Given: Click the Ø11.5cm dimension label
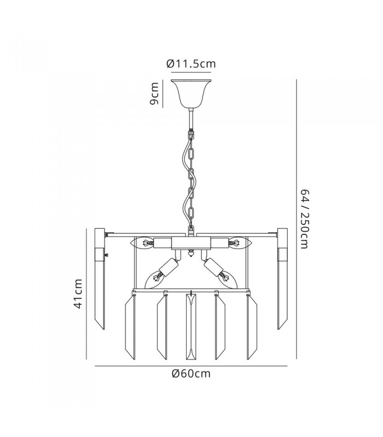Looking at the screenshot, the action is pyautogui.click(x=191, y=64).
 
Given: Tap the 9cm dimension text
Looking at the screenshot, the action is pyautogui.click(x=154, y=93).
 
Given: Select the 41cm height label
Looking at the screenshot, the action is pyautogui.click(x=78, y=293).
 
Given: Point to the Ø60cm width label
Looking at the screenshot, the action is pyautogui.click(x=191, y=373).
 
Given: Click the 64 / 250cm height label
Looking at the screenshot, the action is pyautogui.click(x=305, y=219).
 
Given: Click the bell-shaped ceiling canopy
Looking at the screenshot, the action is pyautogui.click(x=191, y=93).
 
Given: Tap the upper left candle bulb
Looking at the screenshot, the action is pyautogui.click(x=142, y=243).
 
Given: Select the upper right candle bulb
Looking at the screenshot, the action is pyautogui.click(x=240, y=243).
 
